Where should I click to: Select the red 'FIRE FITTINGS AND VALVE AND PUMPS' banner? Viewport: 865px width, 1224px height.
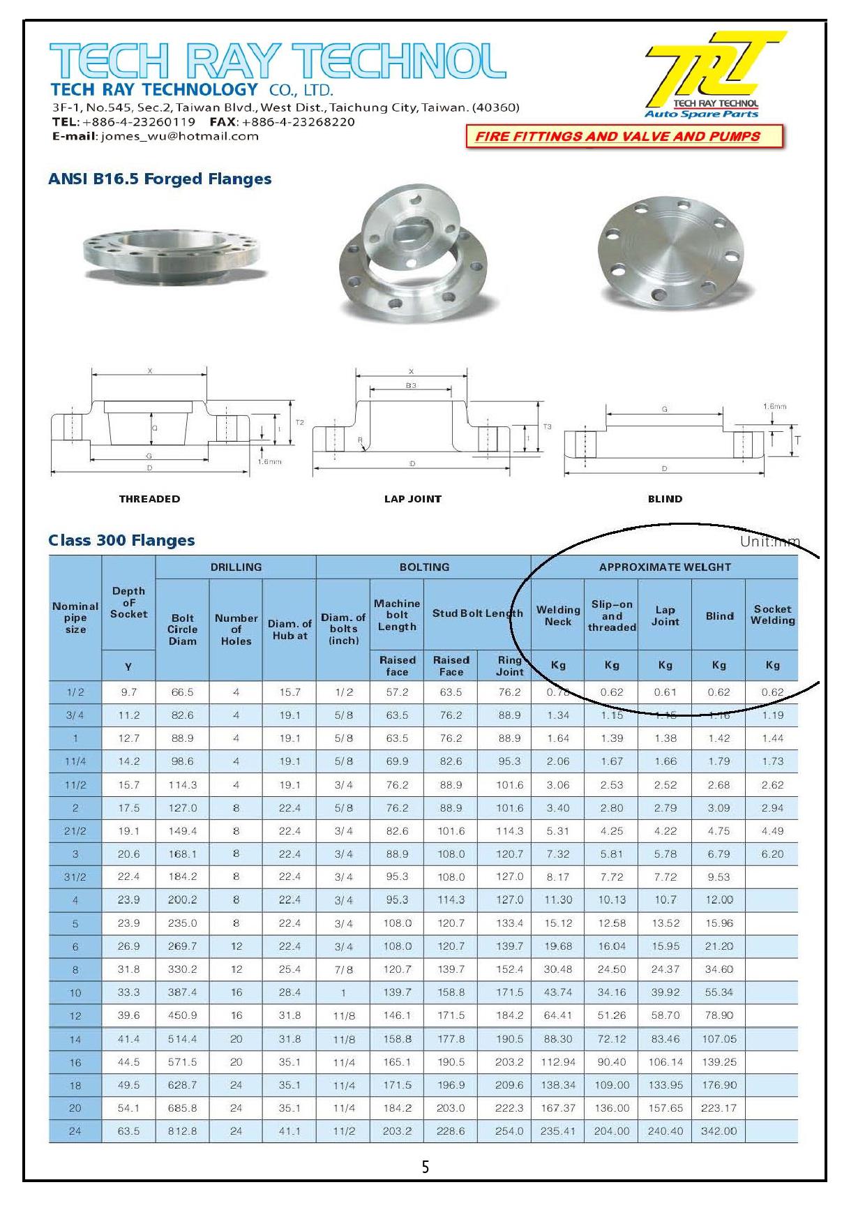(x=624, y=137)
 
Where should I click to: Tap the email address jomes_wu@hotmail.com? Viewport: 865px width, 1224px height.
(x=179, y=136)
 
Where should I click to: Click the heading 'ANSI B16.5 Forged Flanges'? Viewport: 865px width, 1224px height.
(x=160, y=179)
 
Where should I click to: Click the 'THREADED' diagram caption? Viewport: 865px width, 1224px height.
(x=149, y=499)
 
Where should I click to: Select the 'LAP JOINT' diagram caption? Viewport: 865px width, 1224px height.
(x=413, y=499)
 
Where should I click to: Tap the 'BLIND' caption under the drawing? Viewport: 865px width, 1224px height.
(x=665, y=499)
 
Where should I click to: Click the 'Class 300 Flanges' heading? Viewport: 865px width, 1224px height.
(x=121, y=540)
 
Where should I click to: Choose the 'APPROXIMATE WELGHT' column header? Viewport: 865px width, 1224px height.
(x=664, y=567)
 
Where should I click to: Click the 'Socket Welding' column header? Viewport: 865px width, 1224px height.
(x=772, y=615)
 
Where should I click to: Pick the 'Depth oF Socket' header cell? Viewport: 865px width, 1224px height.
(x=128, y=602)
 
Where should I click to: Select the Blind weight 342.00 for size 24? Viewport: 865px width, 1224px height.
(x=719, y=1131)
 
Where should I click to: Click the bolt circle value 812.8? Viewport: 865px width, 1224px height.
(x=182, y=1131)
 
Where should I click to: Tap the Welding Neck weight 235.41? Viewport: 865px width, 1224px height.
(x=558, y=1131)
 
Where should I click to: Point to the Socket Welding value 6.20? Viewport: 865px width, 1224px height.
(x=772, y=854)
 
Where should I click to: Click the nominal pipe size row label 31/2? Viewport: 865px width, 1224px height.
(x=75, y=877)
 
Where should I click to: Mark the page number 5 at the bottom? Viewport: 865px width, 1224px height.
(x=426, y=1167)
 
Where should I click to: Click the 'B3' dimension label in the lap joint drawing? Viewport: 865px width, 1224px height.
(x=412, y=385)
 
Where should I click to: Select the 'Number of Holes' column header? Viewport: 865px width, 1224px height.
(x=236, y=629)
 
